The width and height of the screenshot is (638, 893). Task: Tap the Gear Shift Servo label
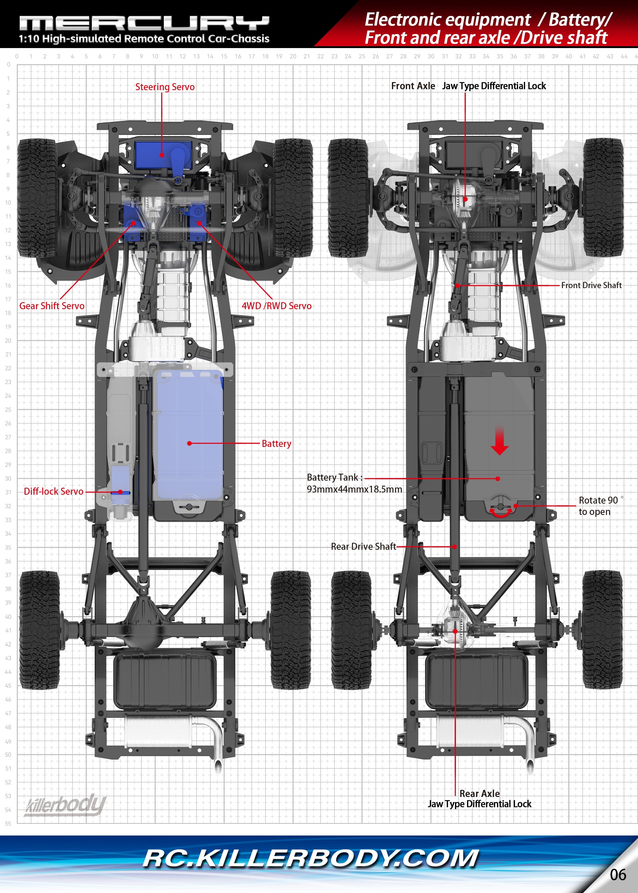[x=52, y=306]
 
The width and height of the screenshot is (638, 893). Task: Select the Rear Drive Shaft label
[x=363, y=547]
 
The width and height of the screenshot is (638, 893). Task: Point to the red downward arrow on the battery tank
[x=499, y=442]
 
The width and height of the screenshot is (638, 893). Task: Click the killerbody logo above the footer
[x=66, y=805]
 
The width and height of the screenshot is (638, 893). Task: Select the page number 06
[x=617, y=875]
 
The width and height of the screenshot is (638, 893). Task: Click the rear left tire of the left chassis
[x=39, y=630]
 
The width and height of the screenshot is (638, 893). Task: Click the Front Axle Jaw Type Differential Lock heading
[x=468, y=86]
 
